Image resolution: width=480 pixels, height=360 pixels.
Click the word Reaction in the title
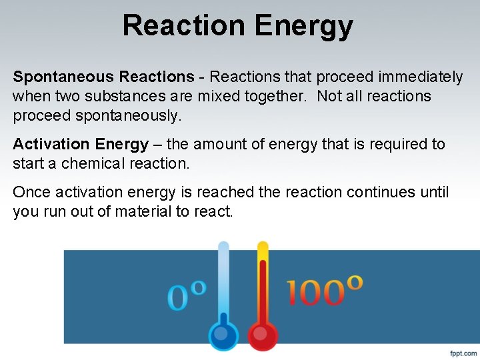183,25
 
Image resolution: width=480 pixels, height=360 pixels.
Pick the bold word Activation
51,144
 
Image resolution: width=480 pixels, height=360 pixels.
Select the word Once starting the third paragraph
31,192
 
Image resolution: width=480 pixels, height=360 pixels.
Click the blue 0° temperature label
186,295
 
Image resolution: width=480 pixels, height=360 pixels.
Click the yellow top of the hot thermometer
263,250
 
